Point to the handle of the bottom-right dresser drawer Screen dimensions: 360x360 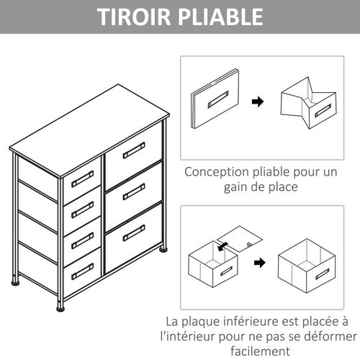click(134, 233)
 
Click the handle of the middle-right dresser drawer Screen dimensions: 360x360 click(134, 192)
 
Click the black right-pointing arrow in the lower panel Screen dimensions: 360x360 click(258, 263)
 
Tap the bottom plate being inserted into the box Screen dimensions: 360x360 click(242, 237)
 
